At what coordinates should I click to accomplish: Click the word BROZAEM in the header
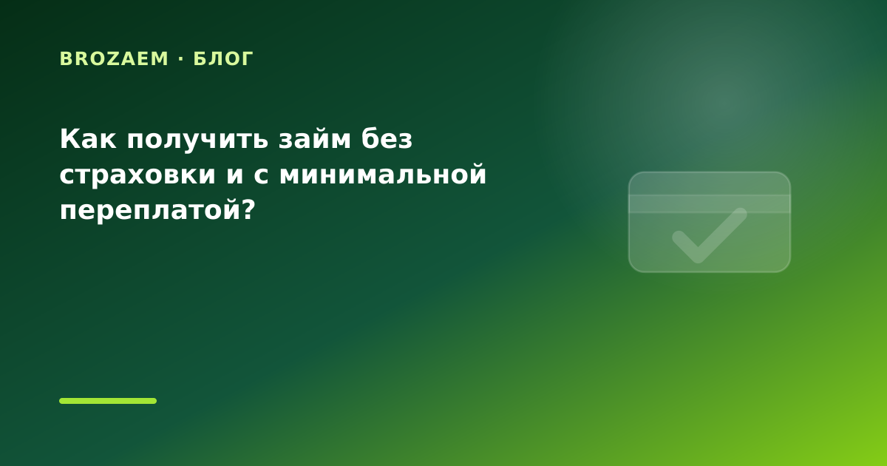click(114, 58)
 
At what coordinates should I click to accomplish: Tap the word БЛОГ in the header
click(223, 58)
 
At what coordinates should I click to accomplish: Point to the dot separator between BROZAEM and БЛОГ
click(181, 59)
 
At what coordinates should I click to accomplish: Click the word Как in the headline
click(88, 139)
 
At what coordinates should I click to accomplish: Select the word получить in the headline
click(197, 141)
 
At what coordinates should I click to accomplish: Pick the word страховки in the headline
click(137, 176)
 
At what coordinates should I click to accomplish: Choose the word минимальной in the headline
click(383, 174)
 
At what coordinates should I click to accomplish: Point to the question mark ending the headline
click(248, 209)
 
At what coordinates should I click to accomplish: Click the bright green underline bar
click(108, 401)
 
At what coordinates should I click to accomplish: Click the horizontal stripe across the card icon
click(710, 203)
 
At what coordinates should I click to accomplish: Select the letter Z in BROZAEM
click(110, 58)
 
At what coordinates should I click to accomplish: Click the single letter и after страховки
click(235, 175)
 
